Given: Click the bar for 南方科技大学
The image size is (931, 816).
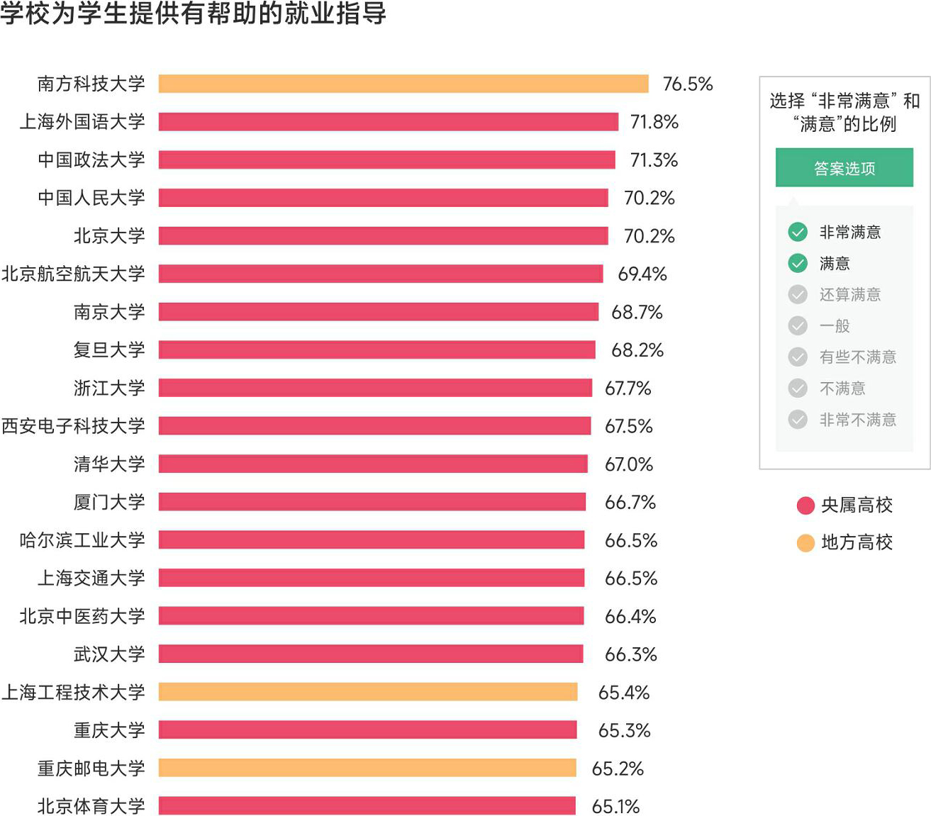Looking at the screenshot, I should (403, 84).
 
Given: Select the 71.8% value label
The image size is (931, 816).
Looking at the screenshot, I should (654, 122).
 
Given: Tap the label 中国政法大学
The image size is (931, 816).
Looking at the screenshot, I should (91, 160).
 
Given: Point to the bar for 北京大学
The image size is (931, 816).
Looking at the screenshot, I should (383, 235).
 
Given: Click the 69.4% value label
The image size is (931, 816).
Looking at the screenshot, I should (642, 274).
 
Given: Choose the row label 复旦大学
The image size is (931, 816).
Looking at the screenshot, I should (108, 350).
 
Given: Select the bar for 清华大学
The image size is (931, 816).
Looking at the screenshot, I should (373, 464).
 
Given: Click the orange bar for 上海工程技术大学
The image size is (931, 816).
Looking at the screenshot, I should (367, 692).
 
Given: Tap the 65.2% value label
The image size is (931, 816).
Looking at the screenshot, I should (617, 769).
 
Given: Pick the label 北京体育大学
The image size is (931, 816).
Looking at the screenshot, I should (91, 806).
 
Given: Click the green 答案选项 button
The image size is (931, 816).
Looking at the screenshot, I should (844, 168).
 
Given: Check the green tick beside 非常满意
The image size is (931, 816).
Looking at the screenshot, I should (798, 232).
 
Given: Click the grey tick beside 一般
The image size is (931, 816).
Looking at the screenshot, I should (798, 325).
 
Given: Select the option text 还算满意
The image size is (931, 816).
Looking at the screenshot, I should (849, 294).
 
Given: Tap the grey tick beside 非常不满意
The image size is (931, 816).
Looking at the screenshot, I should (798, 419).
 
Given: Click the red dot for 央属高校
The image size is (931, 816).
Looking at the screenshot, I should (805, 505).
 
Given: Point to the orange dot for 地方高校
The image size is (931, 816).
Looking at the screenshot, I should (805, 543).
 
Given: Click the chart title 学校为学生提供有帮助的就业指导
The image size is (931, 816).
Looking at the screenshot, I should (193, 13).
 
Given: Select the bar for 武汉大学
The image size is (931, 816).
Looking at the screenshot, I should (370, 654).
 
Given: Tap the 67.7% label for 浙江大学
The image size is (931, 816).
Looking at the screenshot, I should (628, 388).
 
